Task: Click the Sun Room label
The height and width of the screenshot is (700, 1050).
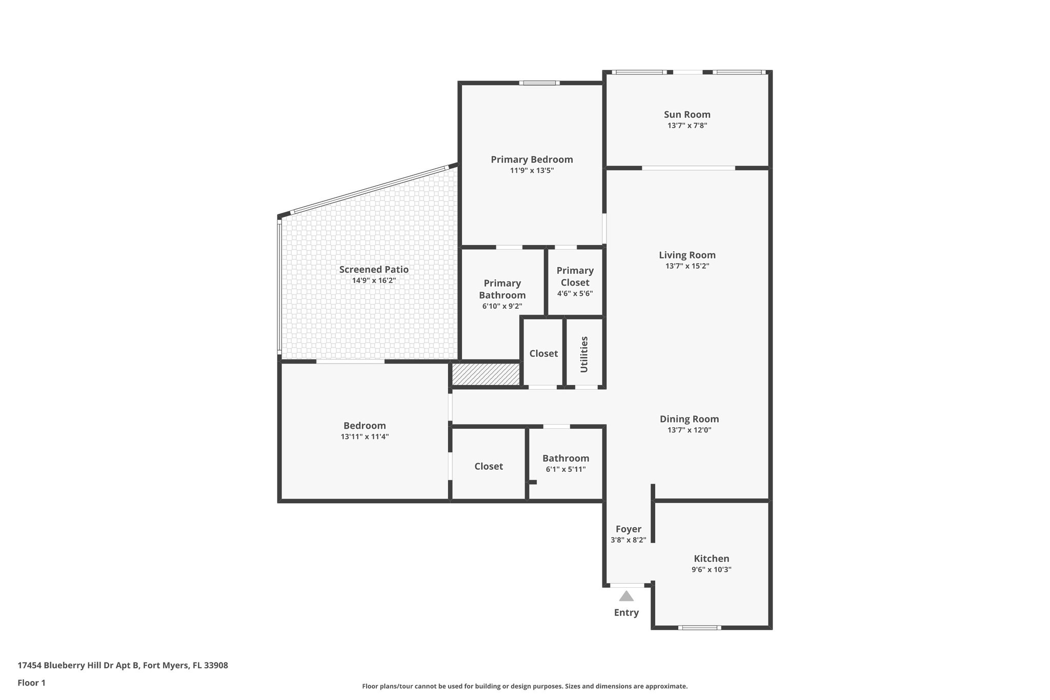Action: (686, 115)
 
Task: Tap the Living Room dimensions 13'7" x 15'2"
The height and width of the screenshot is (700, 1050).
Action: (687, 266)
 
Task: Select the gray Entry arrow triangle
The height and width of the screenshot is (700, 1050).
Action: (626, 596)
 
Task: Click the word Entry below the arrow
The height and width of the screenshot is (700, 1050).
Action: (626, 613)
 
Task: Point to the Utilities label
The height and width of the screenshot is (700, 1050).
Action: (584, 354)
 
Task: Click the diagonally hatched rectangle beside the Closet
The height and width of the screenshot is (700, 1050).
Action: (486, 374)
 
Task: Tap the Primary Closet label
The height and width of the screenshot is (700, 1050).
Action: (575, 276)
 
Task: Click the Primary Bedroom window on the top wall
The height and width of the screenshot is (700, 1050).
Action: (538, 83)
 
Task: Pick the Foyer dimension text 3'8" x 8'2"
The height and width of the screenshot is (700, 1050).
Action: (628, 540)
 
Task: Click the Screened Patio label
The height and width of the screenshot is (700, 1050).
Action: (374, 270)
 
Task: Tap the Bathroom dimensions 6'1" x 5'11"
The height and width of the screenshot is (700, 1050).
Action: (566, 469)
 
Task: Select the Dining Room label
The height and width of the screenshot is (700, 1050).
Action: (689, 419)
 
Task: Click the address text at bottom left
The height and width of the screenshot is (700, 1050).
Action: (123, 666)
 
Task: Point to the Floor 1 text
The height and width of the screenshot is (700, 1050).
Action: (31, 683)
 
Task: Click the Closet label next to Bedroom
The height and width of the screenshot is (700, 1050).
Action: (488, 467)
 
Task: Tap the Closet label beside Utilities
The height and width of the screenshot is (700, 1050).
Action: (543, 354)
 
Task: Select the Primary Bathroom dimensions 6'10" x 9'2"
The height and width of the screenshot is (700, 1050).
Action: (502, 307)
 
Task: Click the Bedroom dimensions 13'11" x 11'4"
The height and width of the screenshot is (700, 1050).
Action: (365, 437)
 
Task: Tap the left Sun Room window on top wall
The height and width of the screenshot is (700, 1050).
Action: (639, 72)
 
